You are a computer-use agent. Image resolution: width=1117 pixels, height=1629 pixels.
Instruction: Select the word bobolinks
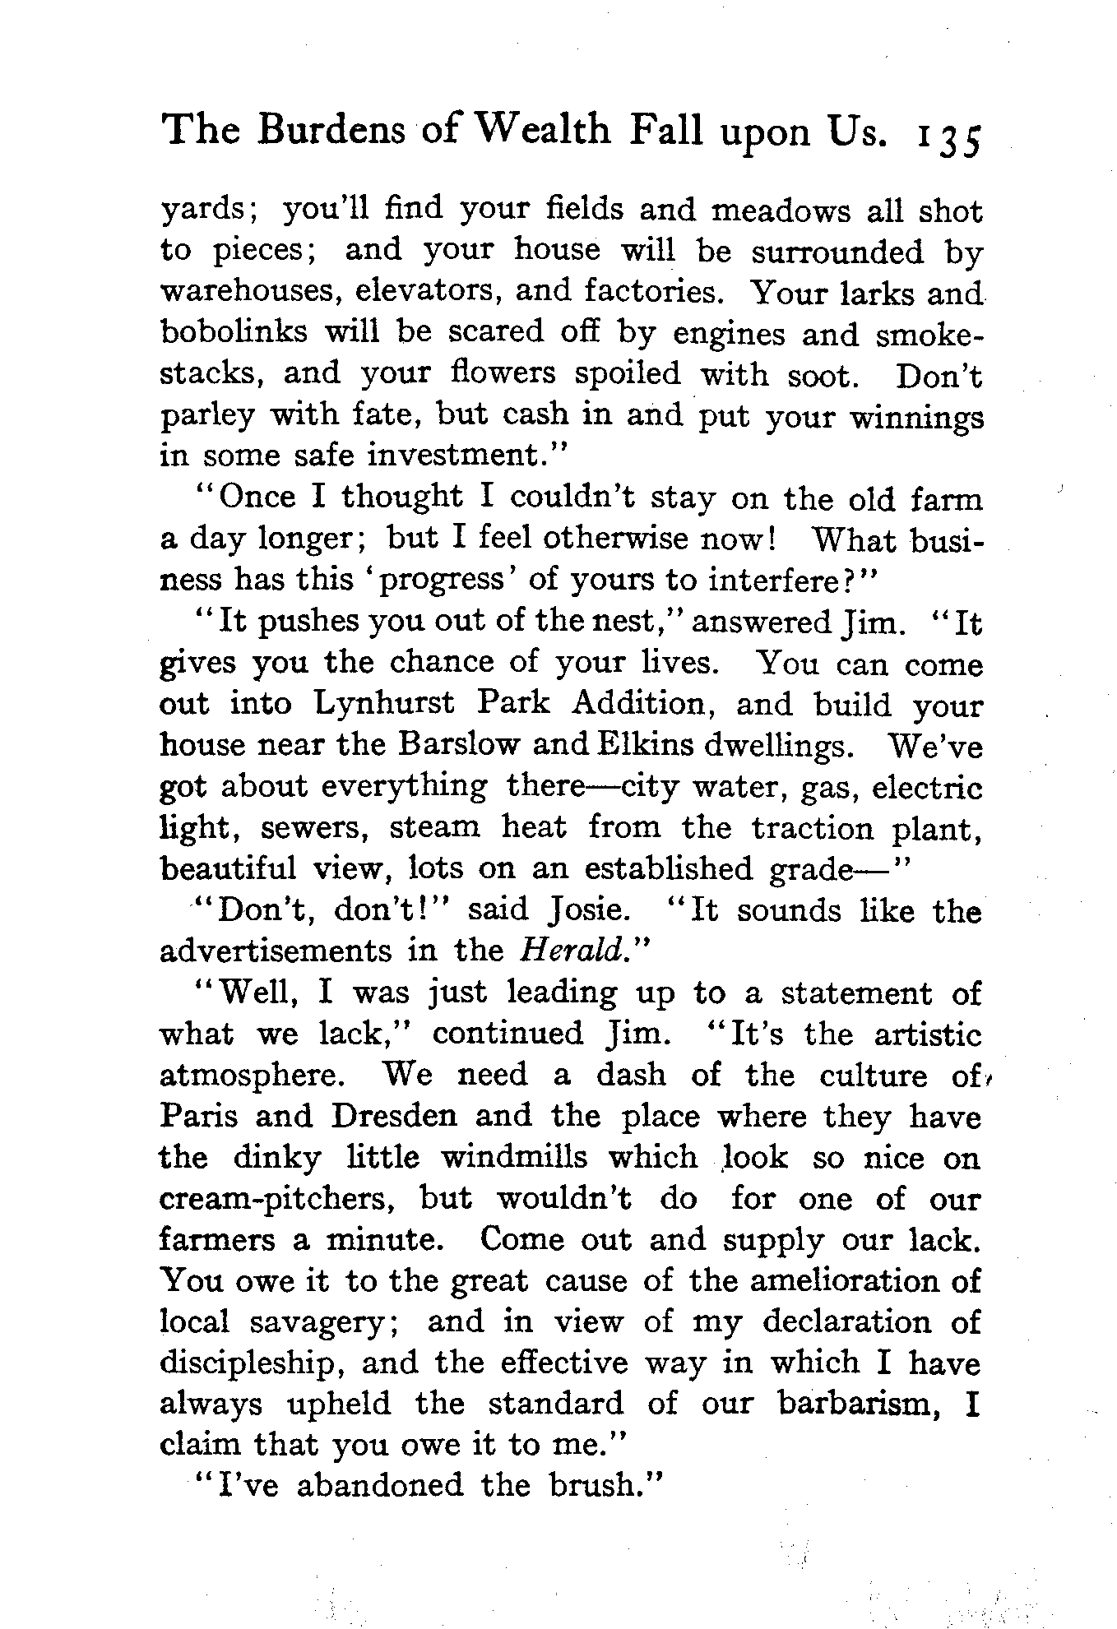pos(234,333)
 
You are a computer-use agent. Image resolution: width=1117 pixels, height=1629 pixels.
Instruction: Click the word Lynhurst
pos(383,705)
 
